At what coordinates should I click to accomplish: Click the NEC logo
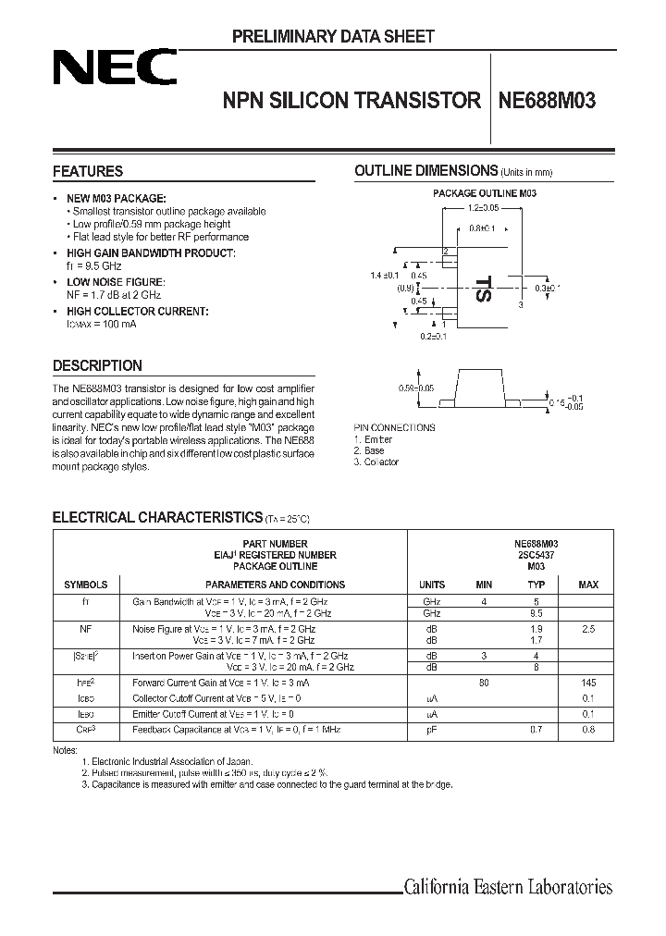pos(114,68)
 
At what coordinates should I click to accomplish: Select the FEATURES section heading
pos(88,171)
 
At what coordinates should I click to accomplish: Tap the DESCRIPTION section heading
pos(97,365)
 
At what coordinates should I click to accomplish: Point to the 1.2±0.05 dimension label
pos(484,211)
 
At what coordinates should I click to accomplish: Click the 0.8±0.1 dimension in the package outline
pos(482,228)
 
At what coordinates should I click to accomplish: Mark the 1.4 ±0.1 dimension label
pos(384,276)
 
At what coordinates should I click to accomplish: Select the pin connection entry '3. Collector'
pos(376,462)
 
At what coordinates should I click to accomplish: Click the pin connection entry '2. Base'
pos(370,451)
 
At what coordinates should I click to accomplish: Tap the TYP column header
pos(536,585)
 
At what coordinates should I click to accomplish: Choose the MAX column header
pos(588,585)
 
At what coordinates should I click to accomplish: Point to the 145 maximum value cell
pos(588,684)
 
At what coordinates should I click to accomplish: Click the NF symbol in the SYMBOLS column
pos(85,628)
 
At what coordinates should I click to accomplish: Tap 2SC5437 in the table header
pos(536,555)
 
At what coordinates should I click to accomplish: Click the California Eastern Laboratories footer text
pos(508,888)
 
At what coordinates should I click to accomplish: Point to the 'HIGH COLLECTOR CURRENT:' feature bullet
pos(150,312)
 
